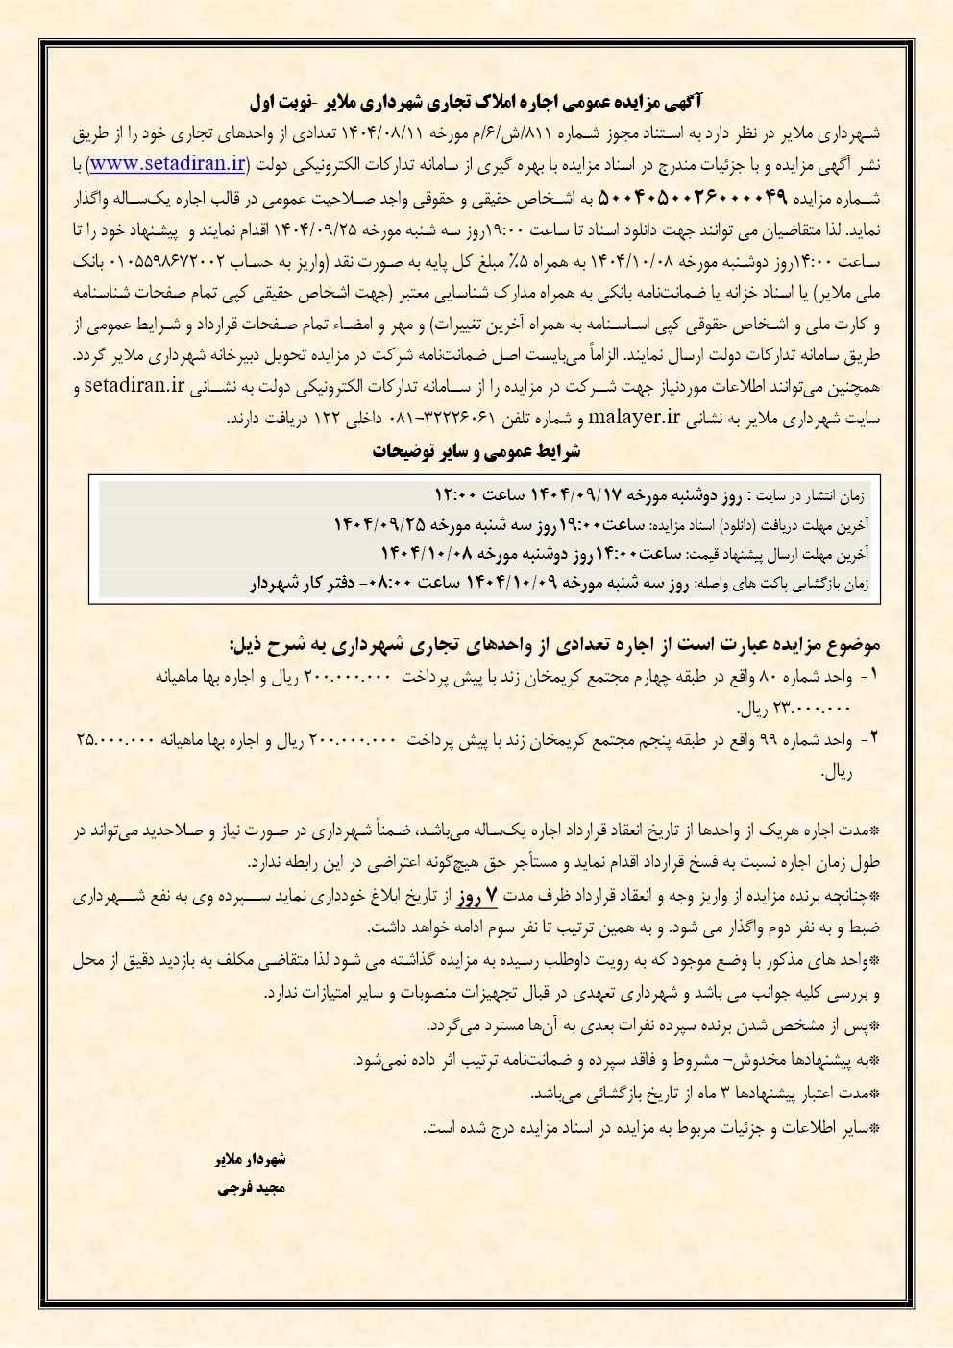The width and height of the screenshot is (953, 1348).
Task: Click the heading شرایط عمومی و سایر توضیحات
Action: [476, 451]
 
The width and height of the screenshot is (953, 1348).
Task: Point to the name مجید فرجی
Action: [252, 1188]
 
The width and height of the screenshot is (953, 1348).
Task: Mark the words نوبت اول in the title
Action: [276, 101]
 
